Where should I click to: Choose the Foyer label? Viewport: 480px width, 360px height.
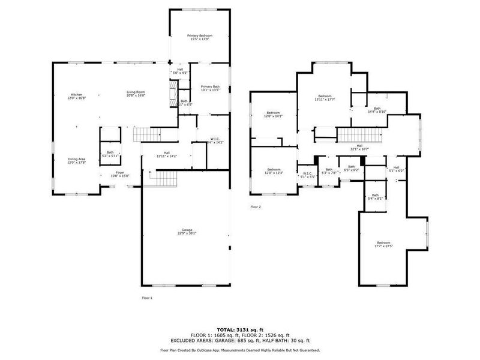click(x=121, y=174)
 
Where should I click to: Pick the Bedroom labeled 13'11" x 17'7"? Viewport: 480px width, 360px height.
click(x=325, y=98)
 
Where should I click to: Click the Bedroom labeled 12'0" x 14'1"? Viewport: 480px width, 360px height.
click(x=273, y=114)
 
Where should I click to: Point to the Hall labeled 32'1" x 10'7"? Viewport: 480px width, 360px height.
click(x=359, y=147)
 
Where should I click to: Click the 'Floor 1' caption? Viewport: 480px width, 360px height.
click(x=147, y=298)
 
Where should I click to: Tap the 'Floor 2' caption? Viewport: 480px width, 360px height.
click(x=256, y=207)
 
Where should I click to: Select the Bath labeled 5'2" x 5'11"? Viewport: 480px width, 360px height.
click(x=110, y=154)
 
